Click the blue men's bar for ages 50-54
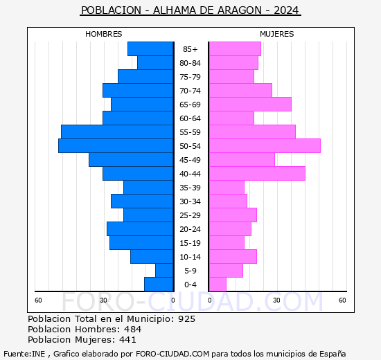tap(116, 146)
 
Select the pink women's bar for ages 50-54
tap(265, 146)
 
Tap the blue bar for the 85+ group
tap(150, 49)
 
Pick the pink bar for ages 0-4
tap(218, 285)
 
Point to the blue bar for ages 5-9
tap(164, 271)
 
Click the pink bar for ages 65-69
tap(250, 105)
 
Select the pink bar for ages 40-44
tap(257, 174)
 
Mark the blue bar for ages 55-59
tap(117, 132)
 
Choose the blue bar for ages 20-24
tap(140, 229)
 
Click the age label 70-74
tap(190, 91)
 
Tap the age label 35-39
tap(190, 188)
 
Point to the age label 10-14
tap(190, 257)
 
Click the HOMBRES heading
tap(104, 34)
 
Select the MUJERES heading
tap(277, 34)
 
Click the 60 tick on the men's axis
tap(38, 300)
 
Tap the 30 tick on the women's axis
tap(276, 300)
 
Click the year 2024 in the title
tap(286, 10)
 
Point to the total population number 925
tap(186, 318)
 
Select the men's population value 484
tap(133, 329)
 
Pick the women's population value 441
tap(128, 339)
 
